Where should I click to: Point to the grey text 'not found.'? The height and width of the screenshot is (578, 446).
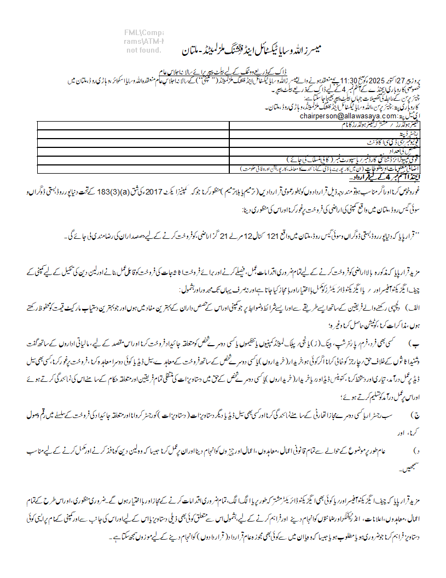tap(144, 50)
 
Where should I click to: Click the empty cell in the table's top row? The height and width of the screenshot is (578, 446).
tap(133, 125)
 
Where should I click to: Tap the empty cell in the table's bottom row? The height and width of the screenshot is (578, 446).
tap(133, 169)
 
